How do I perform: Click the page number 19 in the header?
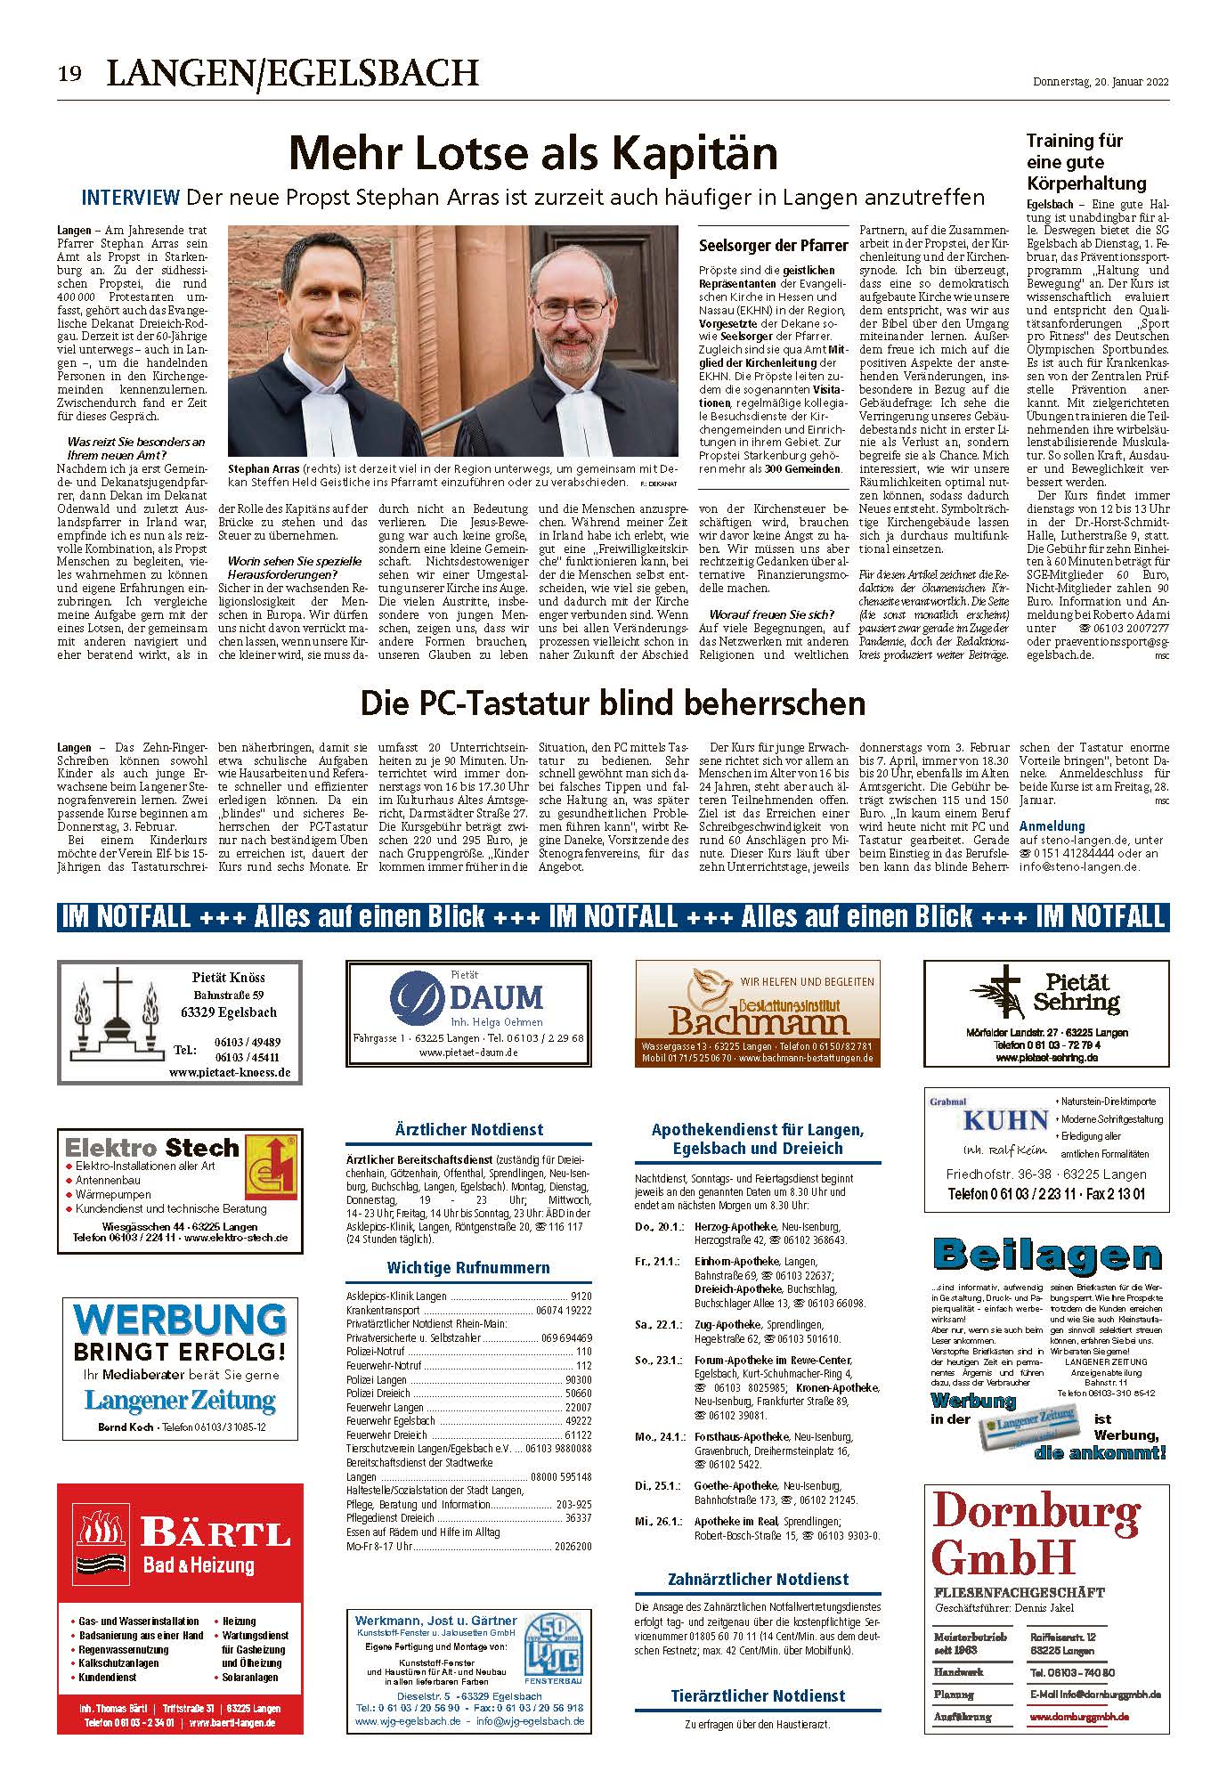70,74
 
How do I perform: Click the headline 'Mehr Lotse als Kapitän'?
533,153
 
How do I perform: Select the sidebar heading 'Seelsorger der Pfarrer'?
773,245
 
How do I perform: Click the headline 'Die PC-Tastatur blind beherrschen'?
613,703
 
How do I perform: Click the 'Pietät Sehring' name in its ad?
1076,992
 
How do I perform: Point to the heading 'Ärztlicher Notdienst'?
468,1129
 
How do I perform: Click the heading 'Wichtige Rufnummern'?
468,1267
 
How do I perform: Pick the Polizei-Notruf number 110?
583,1352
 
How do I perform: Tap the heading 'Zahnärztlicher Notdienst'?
758,1579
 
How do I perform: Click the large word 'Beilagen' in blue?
1046,1256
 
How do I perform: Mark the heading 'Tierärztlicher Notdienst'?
758,1695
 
